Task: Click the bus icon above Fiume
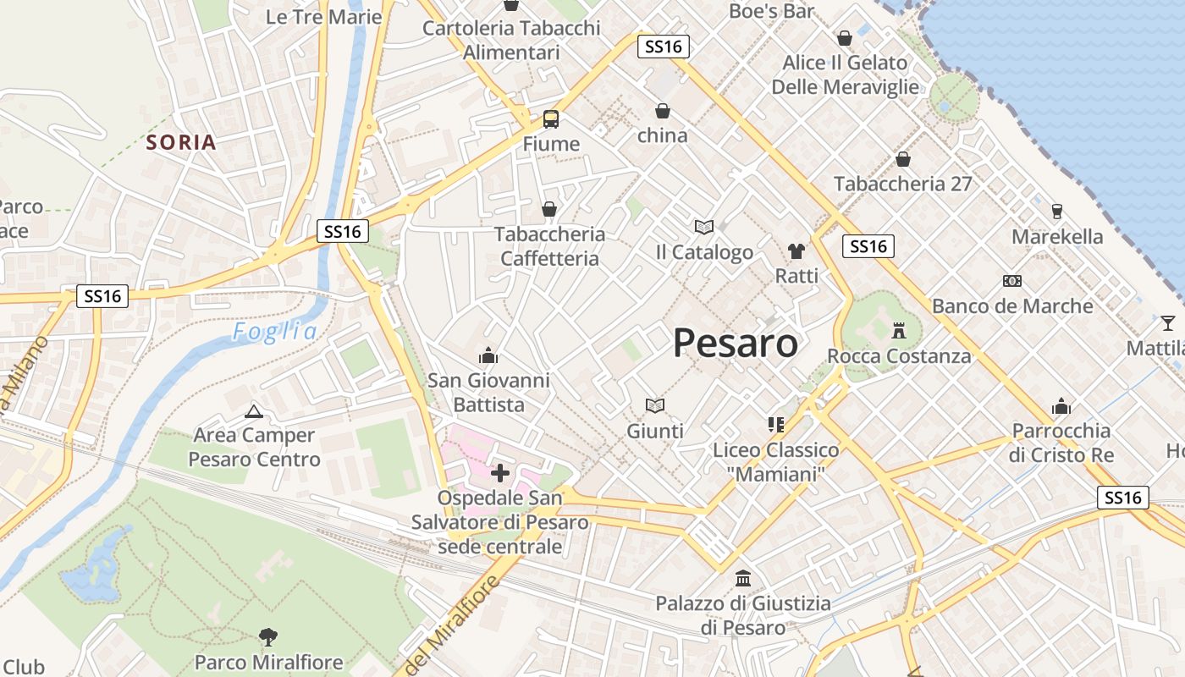[x=551, y=118]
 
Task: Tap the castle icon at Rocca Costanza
[x=899, y=330]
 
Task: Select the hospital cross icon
[x=500, y=472]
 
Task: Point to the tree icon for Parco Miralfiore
[x=268, y=636]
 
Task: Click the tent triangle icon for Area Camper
[x=252, y=412]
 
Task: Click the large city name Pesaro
[x=736, y=344]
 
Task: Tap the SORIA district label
[x=180, y=142]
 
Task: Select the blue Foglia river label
[x=275, y=332]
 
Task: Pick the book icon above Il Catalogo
[x=704, y=227]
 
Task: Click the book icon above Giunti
[x=654, y=405]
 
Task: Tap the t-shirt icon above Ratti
[x=796, y=250]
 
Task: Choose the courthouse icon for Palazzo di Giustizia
[x=743, y=578]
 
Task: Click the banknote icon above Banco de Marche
[x=1011, y=280]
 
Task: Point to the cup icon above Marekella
[x=1056, y=211]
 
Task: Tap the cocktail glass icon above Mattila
[x=1168, y=322]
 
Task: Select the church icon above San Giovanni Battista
[x=488, y=355]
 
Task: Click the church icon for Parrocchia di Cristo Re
[x=1061, y=406]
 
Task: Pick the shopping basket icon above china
[x=663, y=111]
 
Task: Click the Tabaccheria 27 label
[x=902, y=184]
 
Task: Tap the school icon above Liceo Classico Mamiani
[x=775, y=424]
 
